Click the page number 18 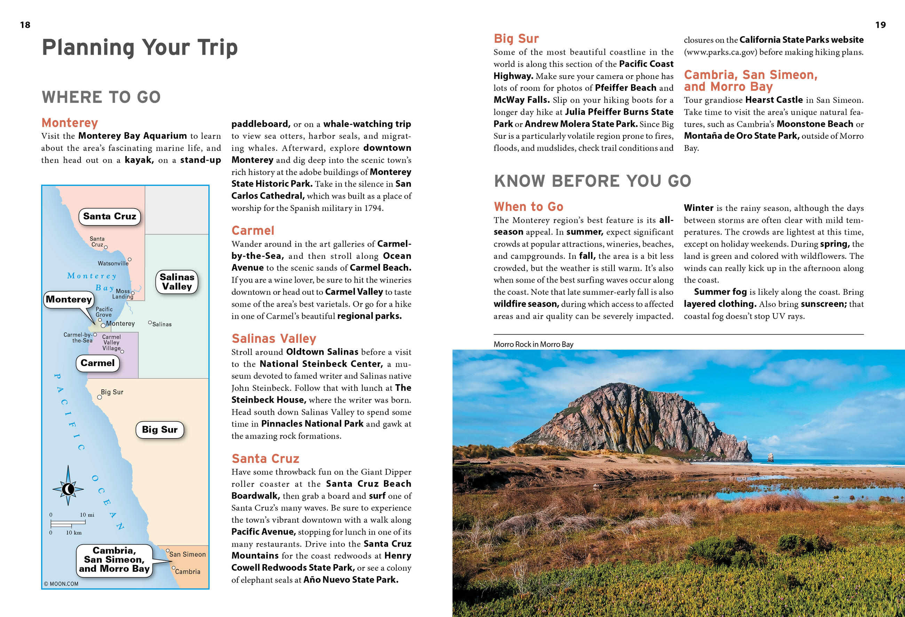tap(25, 25)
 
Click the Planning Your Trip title tap(140, 47)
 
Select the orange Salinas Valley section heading tap(274, 338)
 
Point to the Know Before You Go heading tap(592, 181)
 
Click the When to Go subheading tap(528, 206)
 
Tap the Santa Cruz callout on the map tap(109, 216)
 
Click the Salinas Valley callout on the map tap(177, 282)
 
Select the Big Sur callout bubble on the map tap(160, 429)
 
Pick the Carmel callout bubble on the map tap(97, 363)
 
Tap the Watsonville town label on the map tap(113, 263)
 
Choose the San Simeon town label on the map tap(187, 554)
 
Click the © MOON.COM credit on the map tap(61, 584)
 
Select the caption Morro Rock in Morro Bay tap(533, 344)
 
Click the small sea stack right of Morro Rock tap(770, 457)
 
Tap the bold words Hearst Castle tap(774, 100)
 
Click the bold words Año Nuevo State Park tap(351, 580)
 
